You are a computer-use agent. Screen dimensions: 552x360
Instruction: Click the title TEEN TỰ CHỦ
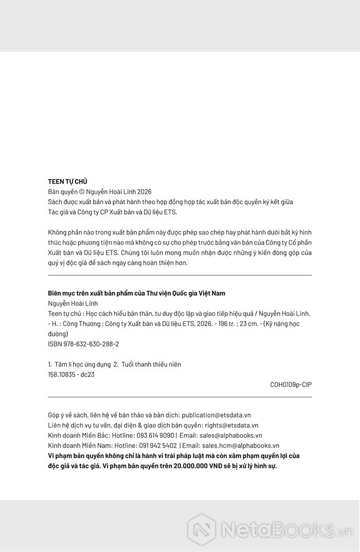pos(67,182)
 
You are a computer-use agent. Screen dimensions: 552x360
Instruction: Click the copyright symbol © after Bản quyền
pos(76,191)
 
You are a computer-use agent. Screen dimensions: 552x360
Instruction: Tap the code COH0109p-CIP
pos(291,384)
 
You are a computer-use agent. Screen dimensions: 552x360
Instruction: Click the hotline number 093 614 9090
pos(155,435)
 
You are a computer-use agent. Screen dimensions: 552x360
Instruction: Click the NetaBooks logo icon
pos(201,529)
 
